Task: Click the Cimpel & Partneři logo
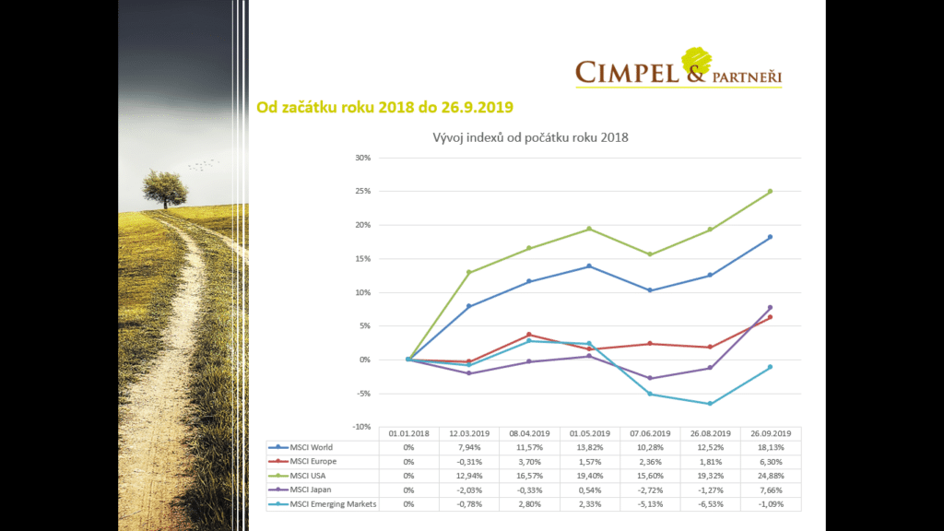(x=678, y=70)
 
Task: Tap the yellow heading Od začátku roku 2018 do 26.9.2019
(x=384, y=107)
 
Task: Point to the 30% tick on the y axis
(x=363, y=158)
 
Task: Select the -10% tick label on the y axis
(x=361, y=427)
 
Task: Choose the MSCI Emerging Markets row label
(x=333, y=503)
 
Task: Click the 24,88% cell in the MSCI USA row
(x=770, y=476)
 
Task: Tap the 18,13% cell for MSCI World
(x=770, y=447)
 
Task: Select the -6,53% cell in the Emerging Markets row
(x=710, y=503)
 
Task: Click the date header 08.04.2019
(x=529, y=432)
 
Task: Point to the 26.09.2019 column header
(x=770, y=432)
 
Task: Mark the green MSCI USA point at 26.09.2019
(x=770, y=192)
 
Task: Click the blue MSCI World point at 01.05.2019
(x=589, y=266)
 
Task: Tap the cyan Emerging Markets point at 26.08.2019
(x=710, y=404)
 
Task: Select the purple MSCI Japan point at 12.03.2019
(x=469, y=373)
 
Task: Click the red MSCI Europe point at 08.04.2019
(x=529, y=335)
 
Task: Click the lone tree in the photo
(x=164, y=187)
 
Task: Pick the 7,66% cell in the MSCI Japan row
(x=770, y=490)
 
